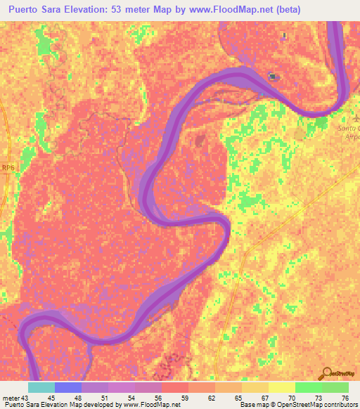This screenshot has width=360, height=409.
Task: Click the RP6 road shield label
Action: [8, 167]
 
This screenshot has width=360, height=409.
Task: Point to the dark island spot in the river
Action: [273, 77]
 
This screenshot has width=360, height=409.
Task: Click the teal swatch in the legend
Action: [41, 387]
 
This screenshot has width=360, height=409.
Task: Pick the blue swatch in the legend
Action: [68, 387]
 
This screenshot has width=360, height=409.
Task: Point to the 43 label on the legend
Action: [26, 397]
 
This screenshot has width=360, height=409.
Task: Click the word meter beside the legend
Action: [10, 397]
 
